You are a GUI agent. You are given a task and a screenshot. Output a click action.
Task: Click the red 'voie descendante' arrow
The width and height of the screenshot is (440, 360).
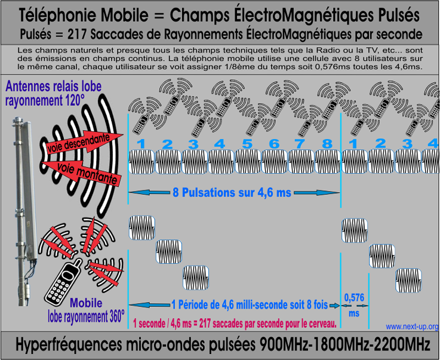tap(84, 143)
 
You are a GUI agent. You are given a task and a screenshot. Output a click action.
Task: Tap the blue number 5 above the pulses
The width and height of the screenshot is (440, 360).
tap(247, 144)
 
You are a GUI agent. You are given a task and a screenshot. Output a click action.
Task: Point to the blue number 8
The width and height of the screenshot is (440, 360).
tap(327, 144)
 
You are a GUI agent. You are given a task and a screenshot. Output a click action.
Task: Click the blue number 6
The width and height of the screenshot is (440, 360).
tap(274, 144)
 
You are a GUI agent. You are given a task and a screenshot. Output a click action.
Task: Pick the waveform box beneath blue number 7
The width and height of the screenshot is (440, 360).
tap(301, 162)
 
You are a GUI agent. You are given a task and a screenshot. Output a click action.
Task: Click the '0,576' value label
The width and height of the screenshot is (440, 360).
tap(354, 297)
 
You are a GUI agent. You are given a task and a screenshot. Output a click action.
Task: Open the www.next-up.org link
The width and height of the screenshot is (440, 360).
tap(412, 327)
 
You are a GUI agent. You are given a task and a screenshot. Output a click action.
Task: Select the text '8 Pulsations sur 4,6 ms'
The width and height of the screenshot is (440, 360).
tap(232, 192)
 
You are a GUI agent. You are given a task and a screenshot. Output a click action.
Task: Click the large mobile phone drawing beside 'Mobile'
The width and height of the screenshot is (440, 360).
tap(63, 283)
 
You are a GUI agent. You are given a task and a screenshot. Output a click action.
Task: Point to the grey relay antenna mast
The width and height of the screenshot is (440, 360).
tap(24, 210)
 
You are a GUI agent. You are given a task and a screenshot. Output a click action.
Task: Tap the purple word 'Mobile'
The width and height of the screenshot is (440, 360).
tap(86, 303)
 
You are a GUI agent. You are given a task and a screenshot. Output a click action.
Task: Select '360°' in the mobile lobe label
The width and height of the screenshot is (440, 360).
tap(115, 316)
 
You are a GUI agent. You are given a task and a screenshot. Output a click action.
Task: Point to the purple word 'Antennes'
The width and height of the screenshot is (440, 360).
tap(28, 86)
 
